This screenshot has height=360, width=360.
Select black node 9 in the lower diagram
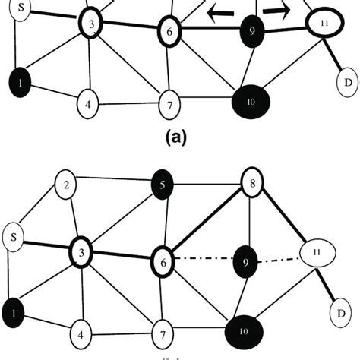tap(245, 259)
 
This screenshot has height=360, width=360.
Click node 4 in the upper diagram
tap(88, 103)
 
